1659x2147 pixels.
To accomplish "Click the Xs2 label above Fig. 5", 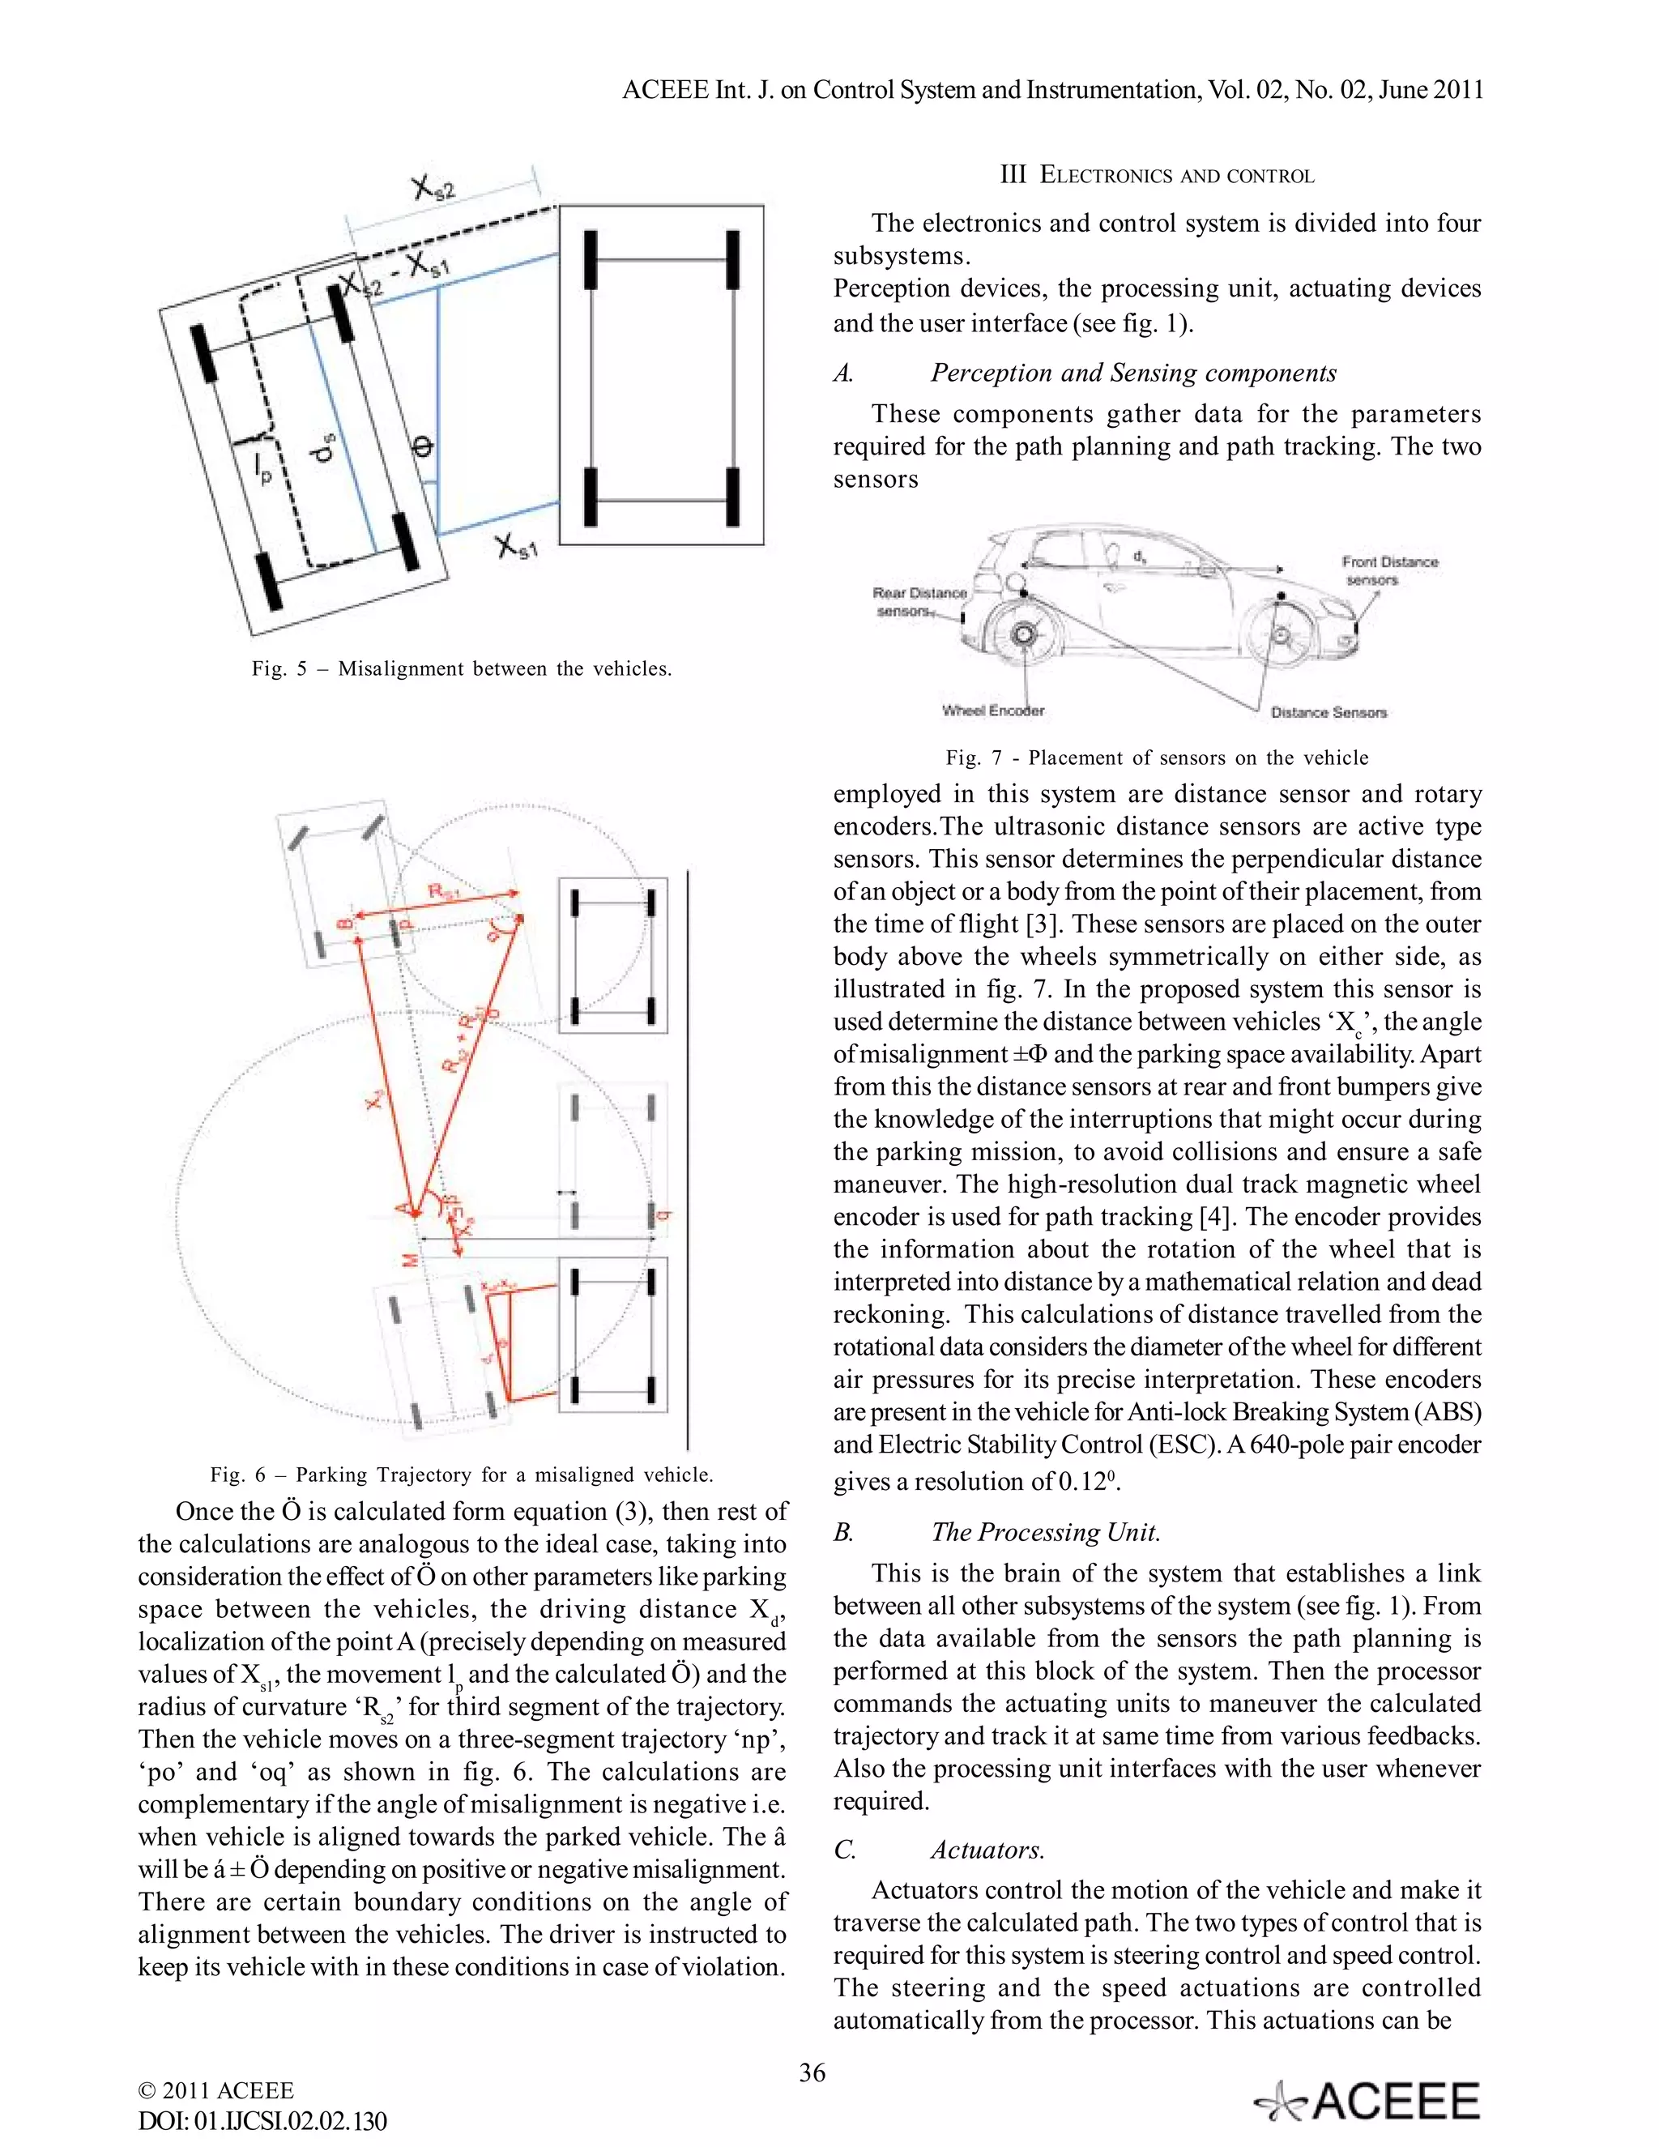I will [433, 187].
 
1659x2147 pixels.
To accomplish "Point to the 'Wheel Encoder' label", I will [992, 711].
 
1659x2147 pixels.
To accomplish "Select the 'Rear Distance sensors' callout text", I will [919, 602].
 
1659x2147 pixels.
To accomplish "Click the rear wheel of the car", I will [1024, 634].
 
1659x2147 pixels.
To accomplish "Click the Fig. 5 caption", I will [462, 668].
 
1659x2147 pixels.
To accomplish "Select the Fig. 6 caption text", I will [462, 1475].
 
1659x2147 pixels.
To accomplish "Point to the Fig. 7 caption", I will [1157, 758].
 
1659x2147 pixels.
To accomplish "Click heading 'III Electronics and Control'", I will [1157, 176].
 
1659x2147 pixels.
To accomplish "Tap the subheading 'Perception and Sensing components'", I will [1133, 373].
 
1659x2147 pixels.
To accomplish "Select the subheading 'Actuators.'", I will [987, 1850].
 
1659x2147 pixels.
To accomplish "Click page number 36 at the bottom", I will [812, 2072].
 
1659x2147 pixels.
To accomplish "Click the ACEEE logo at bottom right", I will [1367, 2102].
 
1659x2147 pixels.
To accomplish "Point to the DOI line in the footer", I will [262, 2121].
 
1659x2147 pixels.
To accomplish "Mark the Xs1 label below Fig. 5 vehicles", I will [516, 547].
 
